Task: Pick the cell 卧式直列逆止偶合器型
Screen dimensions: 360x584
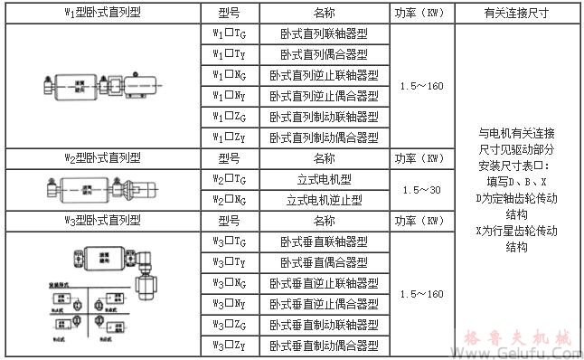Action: (324, 96)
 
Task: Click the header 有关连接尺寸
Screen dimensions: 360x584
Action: (517, 14)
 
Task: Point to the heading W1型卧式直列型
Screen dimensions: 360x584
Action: (102, 14)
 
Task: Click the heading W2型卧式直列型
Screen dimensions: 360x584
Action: (102, 158)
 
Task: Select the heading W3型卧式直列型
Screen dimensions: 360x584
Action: (102, 221)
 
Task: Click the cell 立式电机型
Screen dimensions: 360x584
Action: (324, 179)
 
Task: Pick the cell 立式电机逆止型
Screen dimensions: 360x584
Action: (324, 200)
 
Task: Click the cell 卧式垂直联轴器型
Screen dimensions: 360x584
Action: (324, 242)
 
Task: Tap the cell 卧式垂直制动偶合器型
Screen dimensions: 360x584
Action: (324, 345)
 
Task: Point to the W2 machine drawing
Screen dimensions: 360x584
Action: (101, 191)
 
